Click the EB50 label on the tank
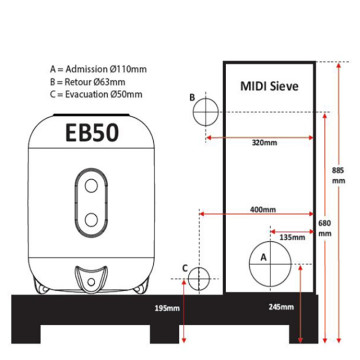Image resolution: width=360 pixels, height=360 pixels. point(89,134)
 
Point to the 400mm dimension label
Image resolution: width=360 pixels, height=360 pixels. point(262,211)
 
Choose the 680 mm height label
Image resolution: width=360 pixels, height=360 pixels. point(324,228)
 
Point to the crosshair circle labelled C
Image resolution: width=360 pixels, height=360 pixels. point(199,279)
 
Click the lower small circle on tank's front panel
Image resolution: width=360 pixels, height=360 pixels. point(90,220)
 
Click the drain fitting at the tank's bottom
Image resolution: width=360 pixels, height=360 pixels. point(91,277)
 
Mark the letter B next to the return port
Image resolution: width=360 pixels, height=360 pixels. point(191,97)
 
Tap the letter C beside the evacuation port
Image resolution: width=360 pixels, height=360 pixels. point(184,268)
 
